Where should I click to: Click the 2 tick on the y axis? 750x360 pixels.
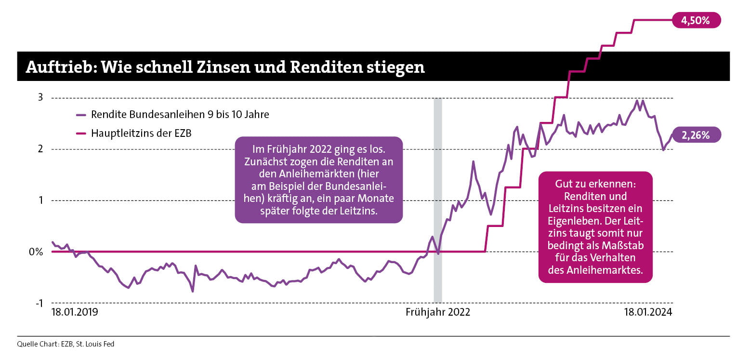40,149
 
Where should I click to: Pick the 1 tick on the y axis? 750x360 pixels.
40,200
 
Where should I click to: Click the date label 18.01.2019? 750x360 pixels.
75,312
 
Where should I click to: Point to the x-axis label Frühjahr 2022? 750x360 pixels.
437,312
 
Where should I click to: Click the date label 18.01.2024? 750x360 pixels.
647,312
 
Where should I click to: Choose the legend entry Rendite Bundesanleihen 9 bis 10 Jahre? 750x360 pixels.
180,115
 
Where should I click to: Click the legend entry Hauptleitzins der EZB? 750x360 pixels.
141,133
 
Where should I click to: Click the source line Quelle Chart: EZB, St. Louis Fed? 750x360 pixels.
65,344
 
